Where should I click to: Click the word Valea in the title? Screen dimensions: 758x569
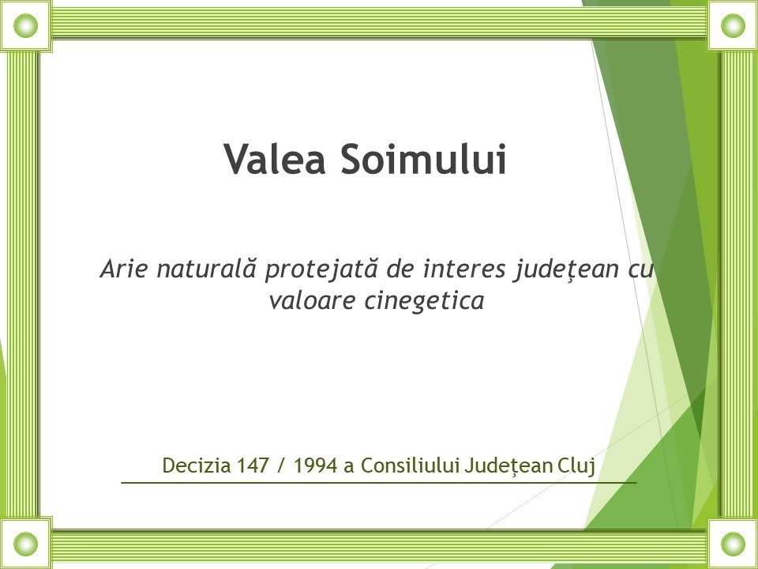[x=275, y=159]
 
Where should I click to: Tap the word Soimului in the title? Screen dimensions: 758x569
[x=423, y=159]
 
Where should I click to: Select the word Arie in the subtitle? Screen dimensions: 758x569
[x=123, y=269]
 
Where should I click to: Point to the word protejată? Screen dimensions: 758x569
[x=321, y=269]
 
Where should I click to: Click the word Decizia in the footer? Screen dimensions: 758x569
[x=197, y=465]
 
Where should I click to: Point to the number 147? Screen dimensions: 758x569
[x=253, y=465]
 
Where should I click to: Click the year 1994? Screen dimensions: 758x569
[x=315, y=465]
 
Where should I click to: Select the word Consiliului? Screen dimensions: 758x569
[x=411, y=465]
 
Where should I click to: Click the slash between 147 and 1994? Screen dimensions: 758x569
[x=281, y=466]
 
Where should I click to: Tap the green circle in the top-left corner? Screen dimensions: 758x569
[x=25, y=25]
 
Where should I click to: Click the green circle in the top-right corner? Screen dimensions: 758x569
[x=733, y=25]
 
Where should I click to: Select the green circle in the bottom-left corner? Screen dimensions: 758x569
[x=25, y=544]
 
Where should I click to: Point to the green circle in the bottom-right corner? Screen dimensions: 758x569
[x=733, y=544]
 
